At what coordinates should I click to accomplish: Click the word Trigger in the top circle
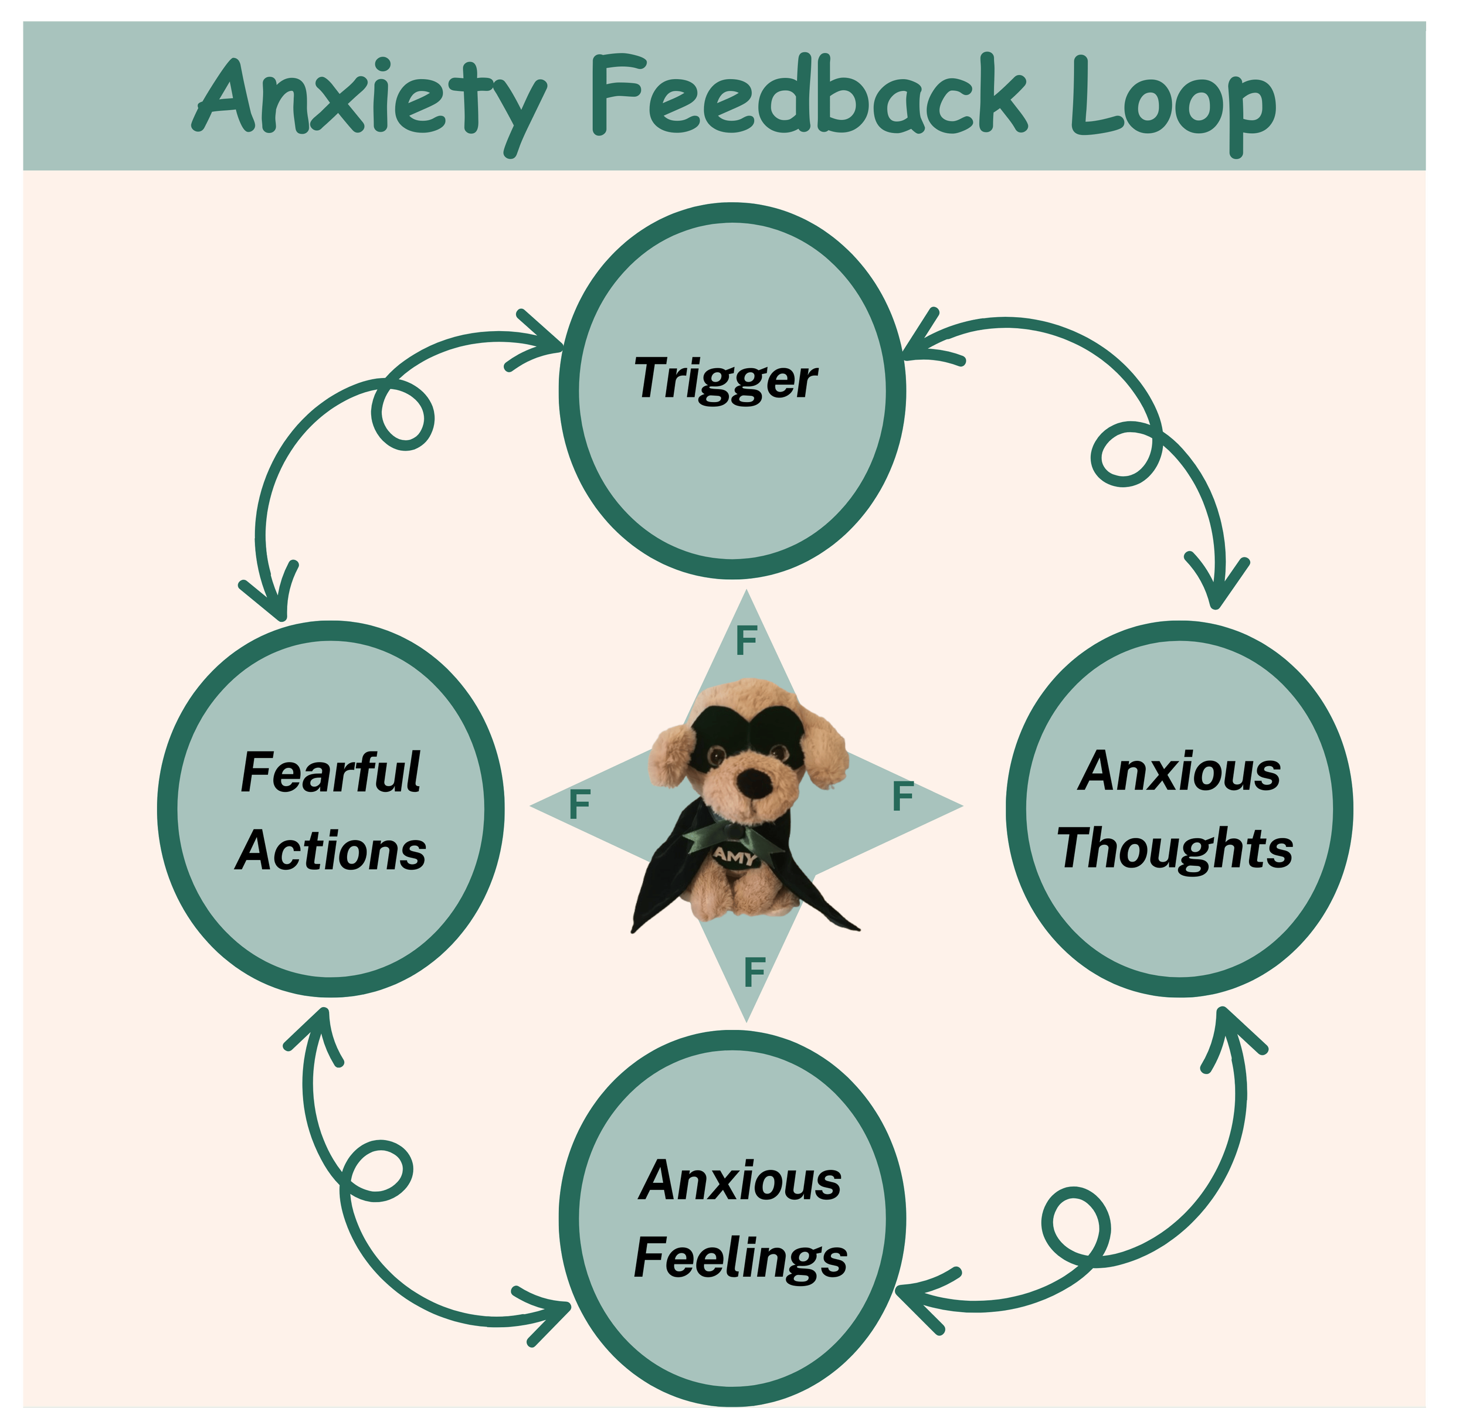[725, 380]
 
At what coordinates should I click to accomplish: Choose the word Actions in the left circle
[331, 852]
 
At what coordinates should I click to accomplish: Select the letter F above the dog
[746, 640]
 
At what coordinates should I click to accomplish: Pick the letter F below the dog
[754, 972]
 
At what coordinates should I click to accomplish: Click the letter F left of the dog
[579, 805]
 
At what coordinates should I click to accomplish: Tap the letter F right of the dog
[903, 797]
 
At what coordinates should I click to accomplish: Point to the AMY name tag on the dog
[735, 856]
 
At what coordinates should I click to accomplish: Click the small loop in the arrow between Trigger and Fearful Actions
[404, 415]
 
